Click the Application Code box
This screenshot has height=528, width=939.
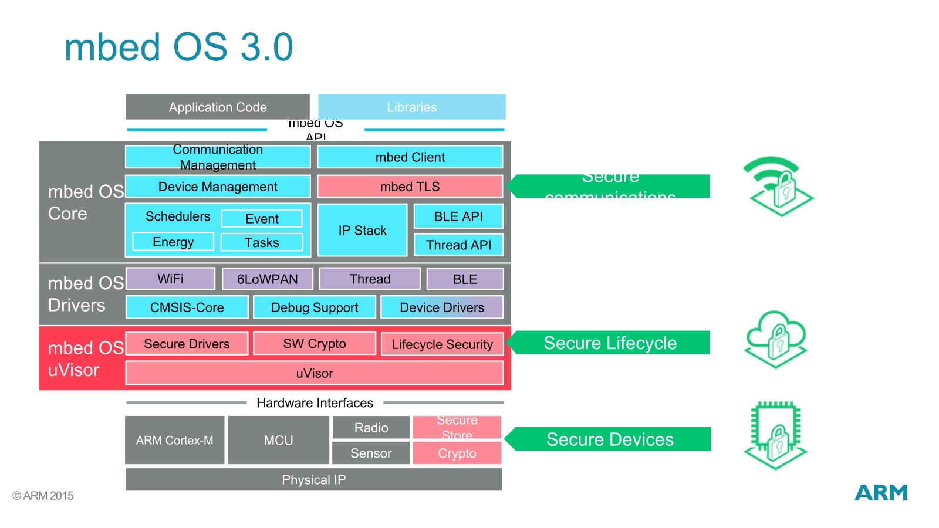(x=218, y=107)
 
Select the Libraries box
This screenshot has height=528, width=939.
(x=411, y=107)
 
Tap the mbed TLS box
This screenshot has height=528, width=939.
(x=410, y=187)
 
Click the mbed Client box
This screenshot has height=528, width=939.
(x=410, y=157)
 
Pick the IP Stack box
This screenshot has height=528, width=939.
(x=362, y=231)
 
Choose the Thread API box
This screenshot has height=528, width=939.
(x=458, y=245)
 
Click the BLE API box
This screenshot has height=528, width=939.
(x=458, y=216)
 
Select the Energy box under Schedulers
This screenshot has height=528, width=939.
(x=173, y=242)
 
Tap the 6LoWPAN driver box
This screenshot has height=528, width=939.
(x=267, y=279)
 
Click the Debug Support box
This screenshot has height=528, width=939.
(x=314, y=307)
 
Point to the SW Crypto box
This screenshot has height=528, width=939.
(x=314, y=344)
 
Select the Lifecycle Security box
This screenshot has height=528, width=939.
(x=442, y=344)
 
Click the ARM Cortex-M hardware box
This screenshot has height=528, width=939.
(x=174, y=440)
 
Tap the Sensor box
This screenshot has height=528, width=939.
(x=370, y=453)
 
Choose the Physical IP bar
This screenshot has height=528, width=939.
(x=313, y=479)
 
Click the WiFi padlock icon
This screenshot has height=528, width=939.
(x=778, y=186)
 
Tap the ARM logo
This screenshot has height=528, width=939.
(x=881, y=493)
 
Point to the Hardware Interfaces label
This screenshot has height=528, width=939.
(x=315, y=403)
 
